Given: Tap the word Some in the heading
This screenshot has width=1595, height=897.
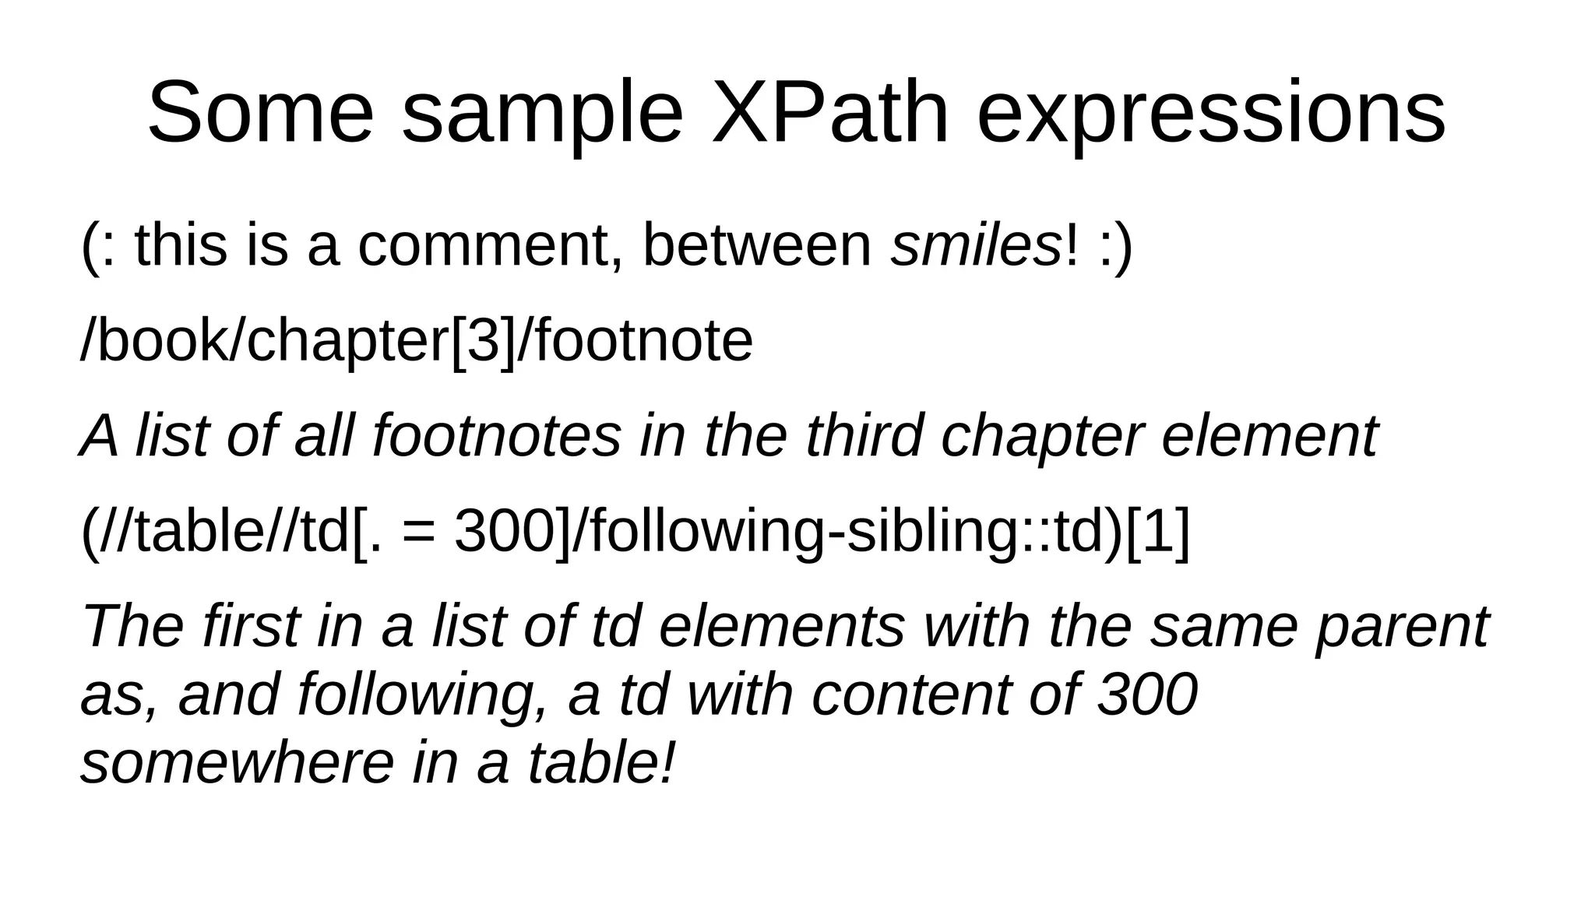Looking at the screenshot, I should pos(260,113).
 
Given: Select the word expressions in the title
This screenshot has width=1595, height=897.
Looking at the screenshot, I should pos(1211,113).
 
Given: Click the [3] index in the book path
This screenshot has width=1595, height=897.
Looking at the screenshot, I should pos(484,341).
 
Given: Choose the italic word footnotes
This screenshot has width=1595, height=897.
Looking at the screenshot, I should pos(497,435).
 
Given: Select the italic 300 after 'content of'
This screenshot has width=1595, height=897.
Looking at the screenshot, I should pos(1147,694).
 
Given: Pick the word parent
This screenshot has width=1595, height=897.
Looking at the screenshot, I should pos(1402,628).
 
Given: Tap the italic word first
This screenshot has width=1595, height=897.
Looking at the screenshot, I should pos(250,626).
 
